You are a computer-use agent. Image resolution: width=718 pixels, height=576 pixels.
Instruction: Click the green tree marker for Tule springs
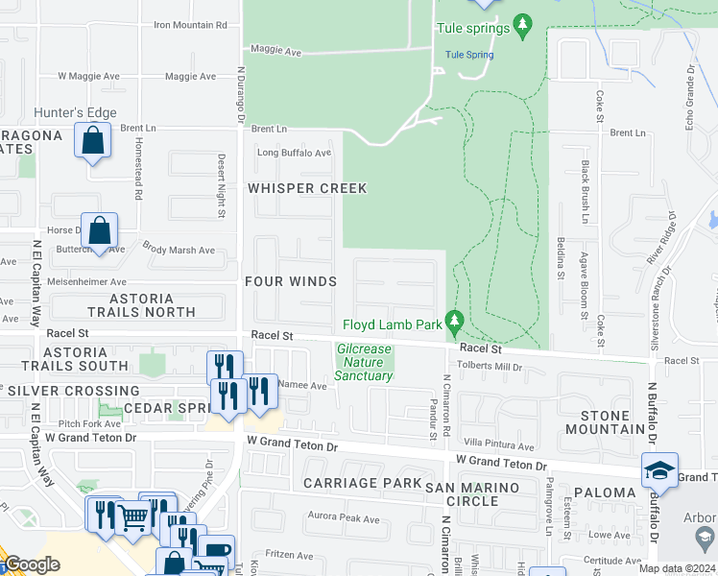click(x=522, y=24)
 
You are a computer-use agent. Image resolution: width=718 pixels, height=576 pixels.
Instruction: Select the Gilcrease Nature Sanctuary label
click(x=364, y=362)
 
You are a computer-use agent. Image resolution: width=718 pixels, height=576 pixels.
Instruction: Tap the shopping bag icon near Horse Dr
click(x=99, y=230)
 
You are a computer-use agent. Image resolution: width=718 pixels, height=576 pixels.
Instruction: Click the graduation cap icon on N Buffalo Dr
click(x=659, y=469)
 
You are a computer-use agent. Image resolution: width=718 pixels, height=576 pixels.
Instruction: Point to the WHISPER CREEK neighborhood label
click(x=307, y=188)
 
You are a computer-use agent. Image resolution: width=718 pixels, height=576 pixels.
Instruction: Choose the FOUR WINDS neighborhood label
click(x=290, y=281)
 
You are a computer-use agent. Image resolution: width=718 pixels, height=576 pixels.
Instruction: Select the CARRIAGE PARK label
click(x=362, y=482)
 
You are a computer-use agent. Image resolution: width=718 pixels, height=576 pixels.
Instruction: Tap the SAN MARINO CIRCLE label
click(x=475, y=494)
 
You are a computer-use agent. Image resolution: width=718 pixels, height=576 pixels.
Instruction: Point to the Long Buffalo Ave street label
click(x=294, y=153)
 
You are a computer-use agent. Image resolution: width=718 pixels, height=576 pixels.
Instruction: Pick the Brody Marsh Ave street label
click(x=179, y=251)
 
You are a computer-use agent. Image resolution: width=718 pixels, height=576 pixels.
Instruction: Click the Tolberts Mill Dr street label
click(x=490, y=367)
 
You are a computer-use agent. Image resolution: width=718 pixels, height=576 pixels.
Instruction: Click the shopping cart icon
click(x=132, y=517)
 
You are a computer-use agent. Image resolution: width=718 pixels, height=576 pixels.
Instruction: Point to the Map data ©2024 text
click(x=677, y=568)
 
